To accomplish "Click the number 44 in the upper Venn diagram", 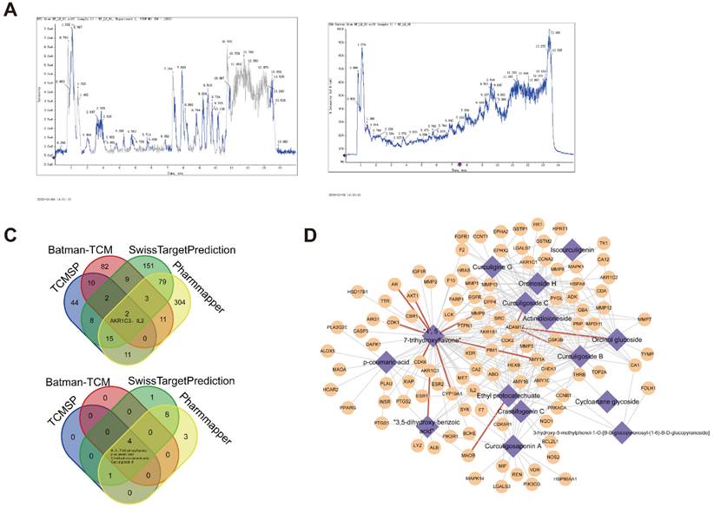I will point(49,300).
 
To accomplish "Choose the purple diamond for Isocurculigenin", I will point(572,247).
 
